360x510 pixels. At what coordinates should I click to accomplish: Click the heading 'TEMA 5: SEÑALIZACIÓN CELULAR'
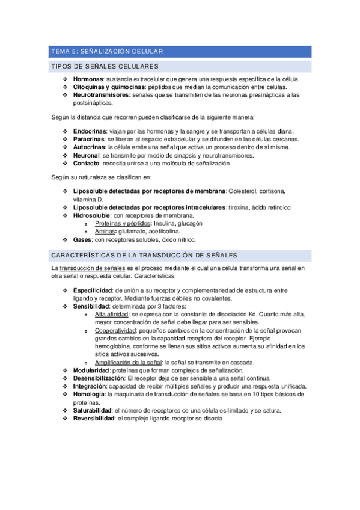(x=106, y=52)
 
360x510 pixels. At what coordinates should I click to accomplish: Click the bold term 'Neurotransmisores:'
(x=101, y=95)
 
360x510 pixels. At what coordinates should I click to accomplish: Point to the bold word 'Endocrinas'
(x=90, y=131)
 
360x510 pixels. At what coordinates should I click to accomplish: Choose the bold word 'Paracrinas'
(x=89, y=139)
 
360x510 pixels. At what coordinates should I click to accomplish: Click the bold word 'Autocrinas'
(x=90, y=147)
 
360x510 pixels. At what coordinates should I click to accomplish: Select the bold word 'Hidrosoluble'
(x=92, y=215)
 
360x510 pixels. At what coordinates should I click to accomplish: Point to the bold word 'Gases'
(x=82, y=239)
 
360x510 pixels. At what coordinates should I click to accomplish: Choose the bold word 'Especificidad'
(x=93, y=290)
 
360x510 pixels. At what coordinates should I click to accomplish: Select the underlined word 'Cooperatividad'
(x=115, y=331)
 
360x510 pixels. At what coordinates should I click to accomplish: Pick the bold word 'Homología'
(x=88, y=395)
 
